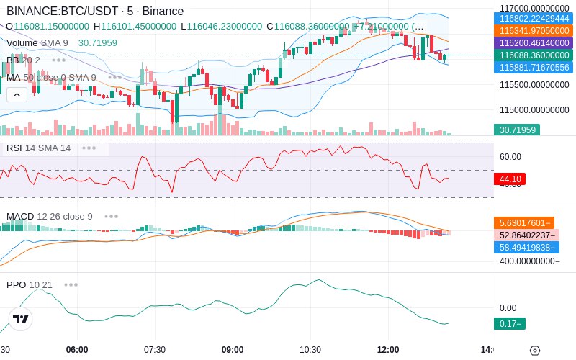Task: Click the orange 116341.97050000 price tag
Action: pyautogui.click(x=533, y=31)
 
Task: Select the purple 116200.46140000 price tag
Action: pyautogui.click(x=533, y=43)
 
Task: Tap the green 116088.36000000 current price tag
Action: pyautogui.click(x=533, y=55)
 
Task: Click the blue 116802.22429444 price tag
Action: pyautogui.click(x=533, y=19)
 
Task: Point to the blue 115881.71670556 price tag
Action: pyautogui.click(x=533, y=68)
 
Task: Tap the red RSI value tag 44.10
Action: pyautogui.click(x=510, y=179)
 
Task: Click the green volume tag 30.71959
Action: pyautogui.click(x=516, y=130)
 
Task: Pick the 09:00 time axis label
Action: pyautogui.click(x=233, y=349)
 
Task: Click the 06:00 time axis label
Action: pyautogui.click(x=77, y=349)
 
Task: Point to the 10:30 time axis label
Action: pyautogui.click(x=310, y=349)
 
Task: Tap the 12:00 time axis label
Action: pyautogui.click(x=388, y=349)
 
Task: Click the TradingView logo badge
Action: pyautogui.click(x=21, y=319)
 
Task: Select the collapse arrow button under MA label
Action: pyautogui.click(x=17, y=94)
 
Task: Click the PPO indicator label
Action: pyautogui.click(x=16, y=284)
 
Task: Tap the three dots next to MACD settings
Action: pyautogui.click(x=111, y=216)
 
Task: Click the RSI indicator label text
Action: pyautogui.click(x=14, y=148)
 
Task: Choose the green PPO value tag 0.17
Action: pyautogui.click(x=509, y=324)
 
